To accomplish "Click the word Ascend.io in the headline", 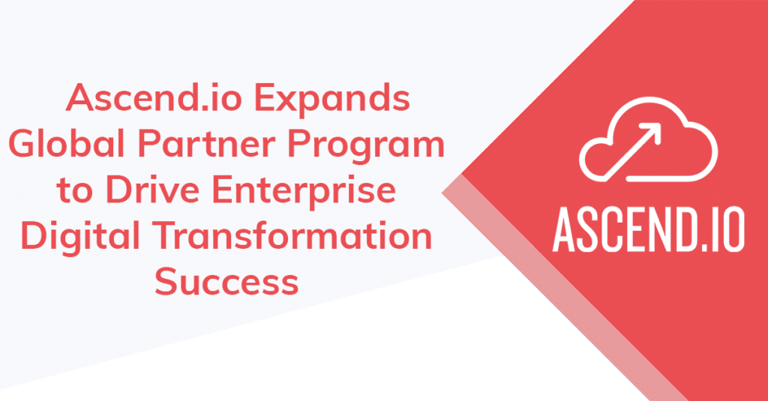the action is tap(154, 98).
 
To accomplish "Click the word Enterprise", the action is tap(304, 193).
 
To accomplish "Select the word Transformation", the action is tap(292, 235).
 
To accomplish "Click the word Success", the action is tap(226, 282).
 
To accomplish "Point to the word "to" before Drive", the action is tap(74, 191).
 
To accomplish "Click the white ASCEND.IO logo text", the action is tap(649, 229).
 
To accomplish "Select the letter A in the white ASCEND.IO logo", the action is tap(566, 229).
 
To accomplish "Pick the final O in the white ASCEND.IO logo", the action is tap(733, 229).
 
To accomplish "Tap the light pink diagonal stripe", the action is tap(563, 288).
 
